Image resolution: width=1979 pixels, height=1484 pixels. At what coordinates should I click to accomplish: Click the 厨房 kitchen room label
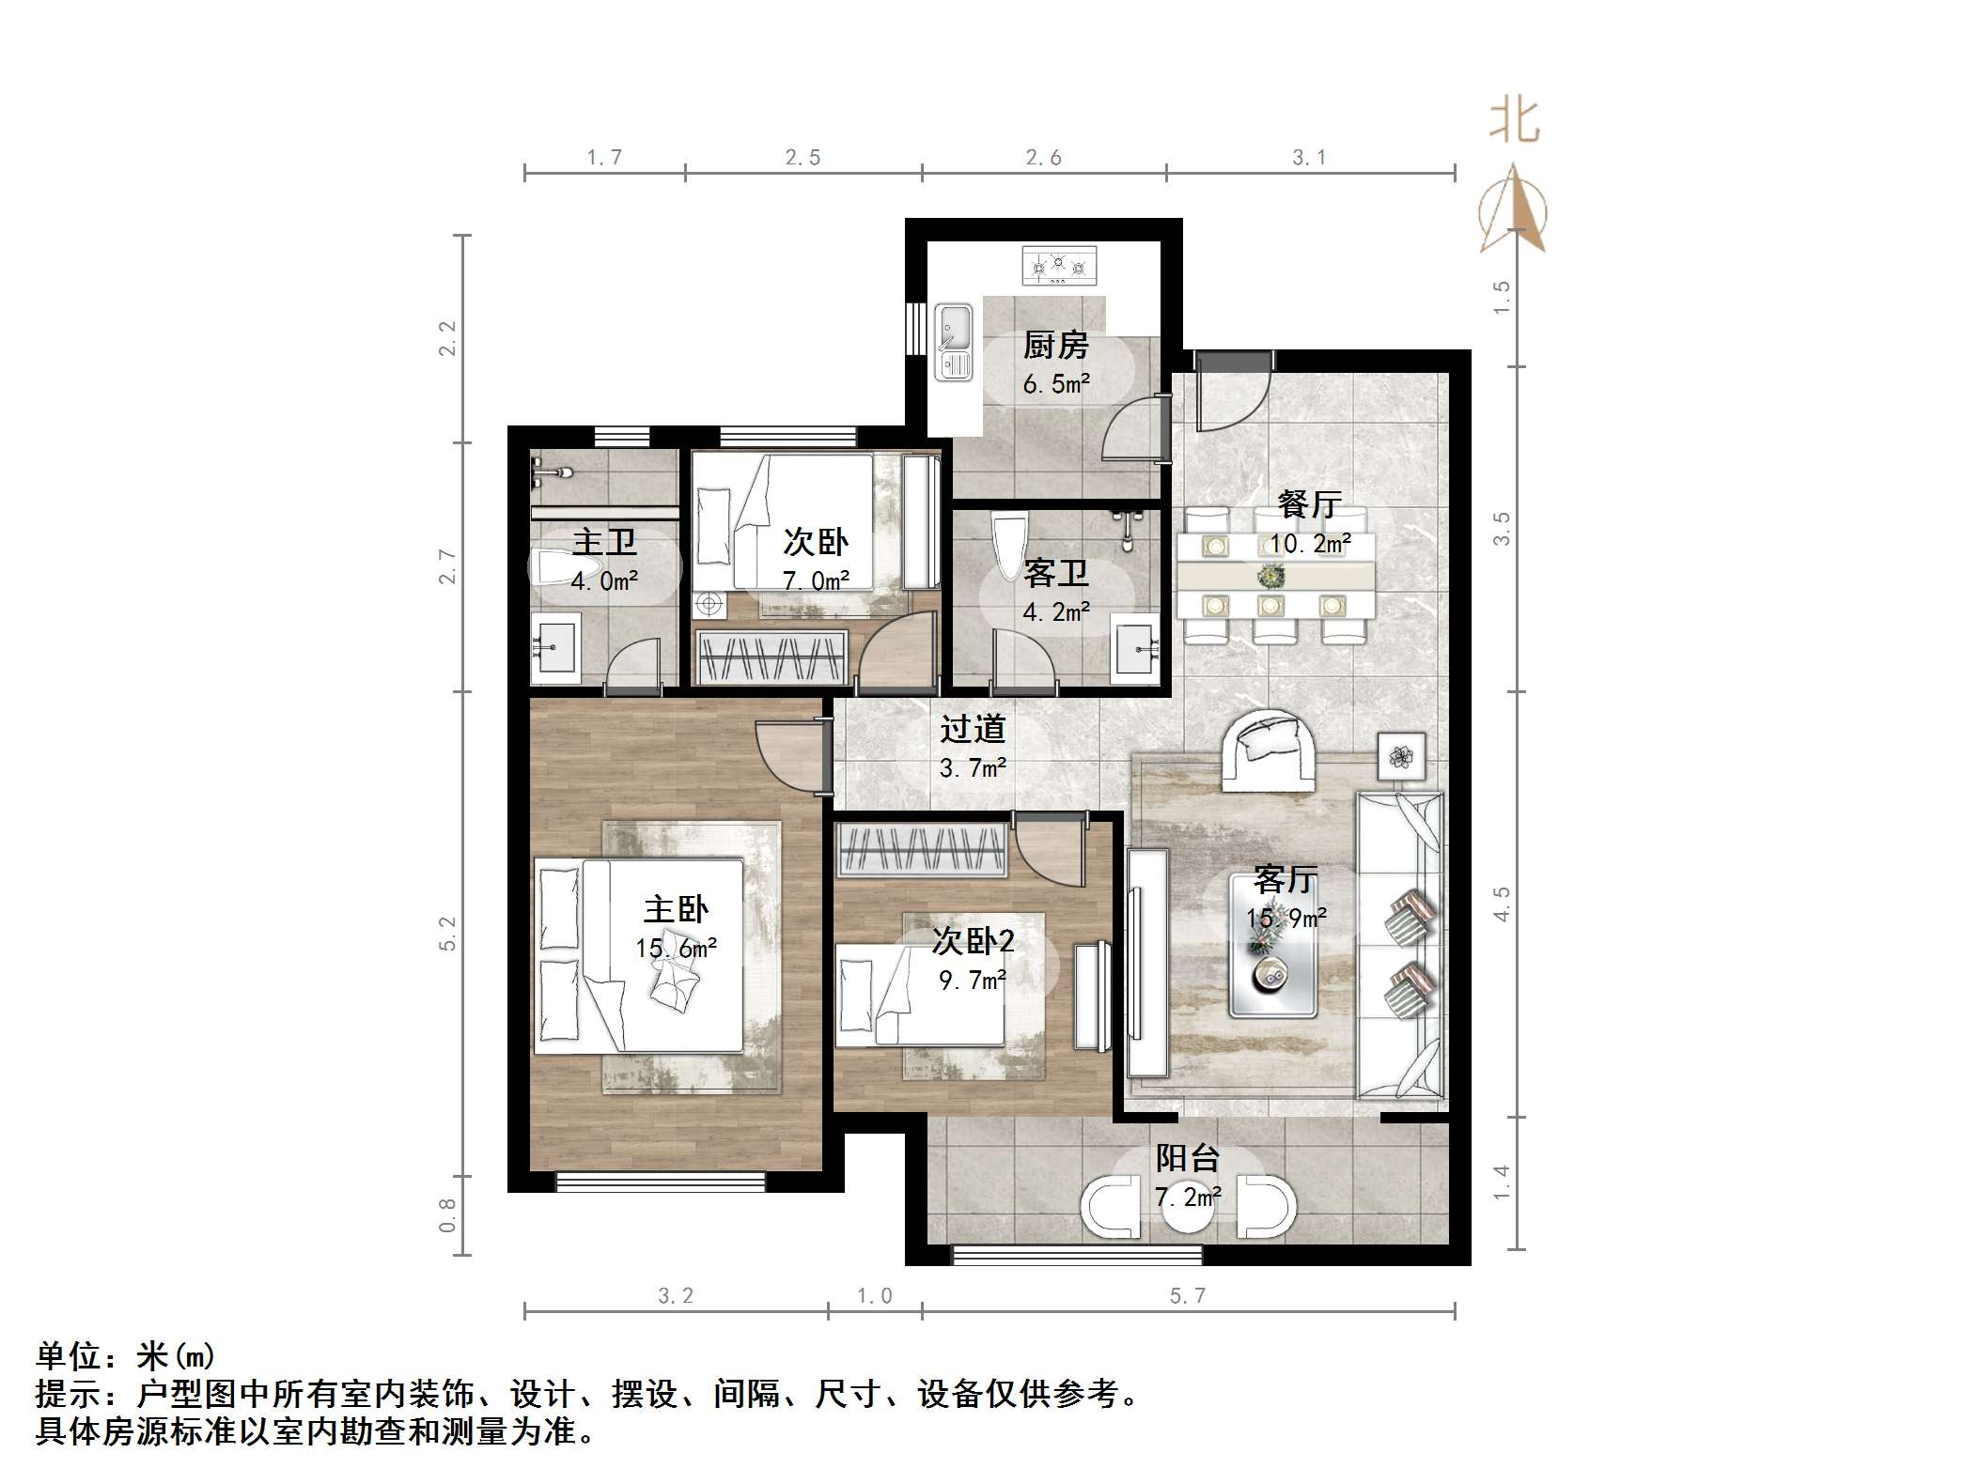1055,346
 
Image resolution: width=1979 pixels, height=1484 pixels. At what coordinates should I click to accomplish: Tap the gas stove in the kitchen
1058,266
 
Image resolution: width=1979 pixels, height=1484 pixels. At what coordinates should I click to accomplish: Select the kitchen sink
954,342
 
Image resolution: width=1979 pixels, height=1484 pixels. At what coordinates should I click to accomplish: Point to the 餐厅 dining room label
1308,504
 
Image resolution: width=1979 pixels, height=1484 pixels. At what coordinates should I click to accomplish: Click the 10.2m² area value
1310,544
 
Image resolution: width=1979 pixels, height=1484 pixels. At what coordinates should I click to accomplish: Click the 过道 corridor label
973,729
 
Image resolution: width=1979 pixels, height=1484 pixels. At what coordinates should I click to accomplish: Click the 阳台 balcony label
1187,1158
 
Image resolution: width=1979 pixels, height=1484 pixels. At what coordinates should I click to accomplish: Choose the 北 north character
1513,122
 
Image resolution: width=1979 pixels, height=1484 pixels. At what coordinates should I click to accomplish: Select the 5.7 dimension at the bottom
1187,1296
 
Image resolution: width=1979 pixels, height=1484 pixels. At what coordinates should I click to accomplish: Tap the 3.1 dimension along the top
1308,158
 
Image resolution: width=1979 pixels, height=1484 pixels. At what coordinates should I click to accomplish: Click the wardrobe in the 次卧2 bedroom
922,848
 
